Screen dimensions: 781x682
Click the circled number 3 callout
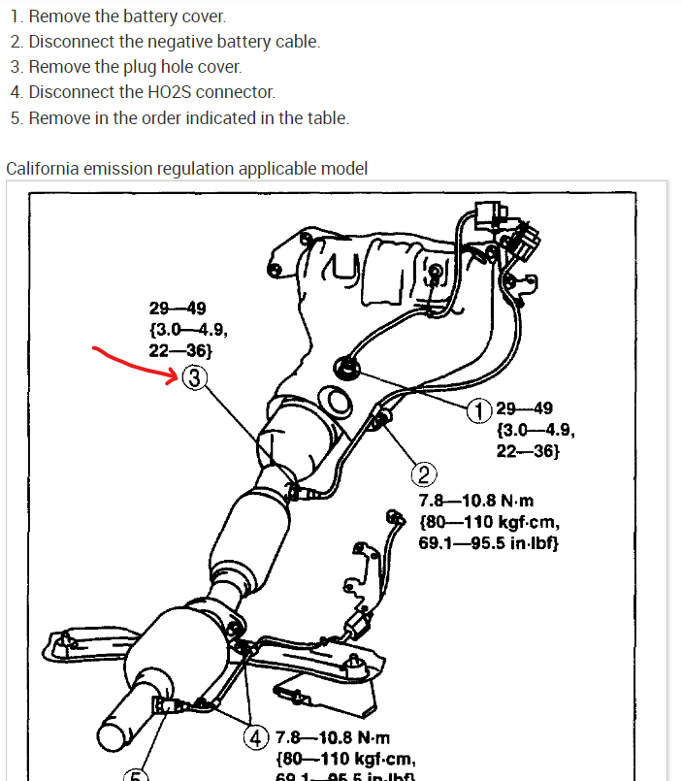click(194, 378)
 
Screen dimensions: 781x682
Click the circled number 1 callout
click(479, 410)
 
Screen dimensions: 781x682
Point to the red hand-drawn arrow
click(136, 363)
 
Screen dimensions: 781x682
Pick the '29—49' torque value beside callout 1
click(525, 409)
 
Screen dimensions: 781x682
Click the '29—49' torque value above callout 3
click(177, 309)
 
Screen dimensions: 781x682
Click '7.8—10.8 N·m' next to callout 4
click(333, 738)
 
